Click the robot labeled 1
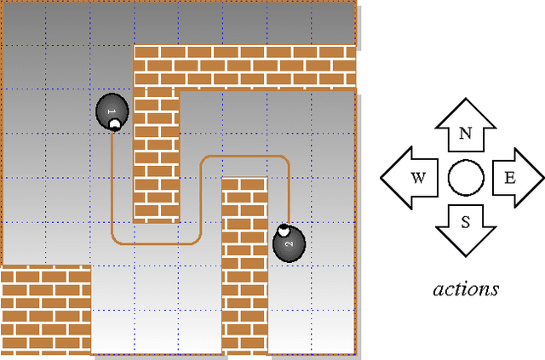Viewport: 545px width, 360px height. click(112, 111)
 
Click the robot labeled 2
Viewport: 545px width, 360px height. click(288, 245)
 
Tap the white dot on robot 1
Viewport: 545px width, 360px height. click(113, 125)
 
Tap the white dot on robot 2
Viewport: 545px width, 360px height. click(284, 230)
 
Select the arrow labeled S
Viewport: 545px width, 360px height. click(466, 227)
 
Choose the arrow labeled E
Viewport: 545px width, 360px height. click(514, 178)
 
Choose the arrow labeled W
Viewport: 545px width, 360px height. click(412, 178)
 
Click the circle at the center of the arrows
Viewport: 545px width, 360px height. click(466, 178)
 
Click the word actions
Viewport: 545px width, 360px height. click(465, 289)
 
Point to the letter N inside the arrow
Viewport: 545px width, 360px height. click(466, 134)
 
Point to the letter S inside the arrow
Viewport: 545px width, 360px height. click(466, 222)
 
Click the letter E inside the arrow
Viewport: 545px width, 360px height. click(509, 178)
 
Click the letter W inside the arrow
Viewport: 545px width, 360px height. click(418, 178)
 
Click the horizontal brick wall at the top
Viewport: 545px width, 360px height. click(244, 66)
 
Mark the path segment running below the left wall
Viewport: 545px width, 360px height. click(156, 243)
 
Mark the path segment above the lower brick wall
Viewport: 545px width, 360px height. click(244, 156)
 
